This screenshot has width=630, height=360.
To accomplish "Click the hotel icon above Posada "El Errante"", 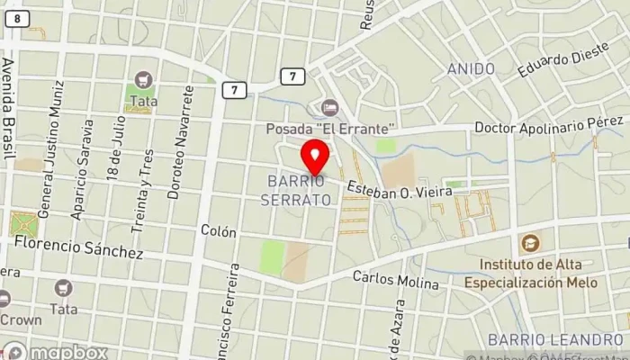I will [x=329, y=108].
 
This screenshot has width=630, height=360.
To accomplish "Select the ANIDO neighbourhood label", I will [x=471, y=69].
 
